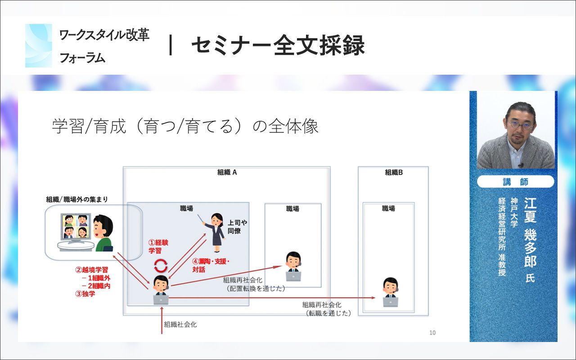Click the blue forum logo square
coord(39,45)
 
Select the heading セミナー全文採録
coord(278,45)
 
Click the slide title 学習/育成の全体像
coord(185,126)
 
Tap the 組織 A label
coord(227,172)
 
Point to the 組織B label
coord(394,172)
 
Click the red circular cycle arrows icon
coord(161,265)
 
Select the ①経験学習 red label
coord(158,246)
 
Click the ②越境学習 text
coord(91,270)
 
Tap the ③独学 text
coord(85,294)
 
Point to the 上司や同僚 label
coord(237,227)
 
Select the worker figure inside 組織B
coord(390,292)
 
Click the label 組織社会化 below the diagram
coord(180,324)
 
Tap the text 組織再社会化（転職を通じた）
coord(326,309)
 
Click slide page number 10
coord(432,333)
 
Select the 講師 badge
coord(516,182)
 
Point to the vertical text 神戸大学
coord(514,212)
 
